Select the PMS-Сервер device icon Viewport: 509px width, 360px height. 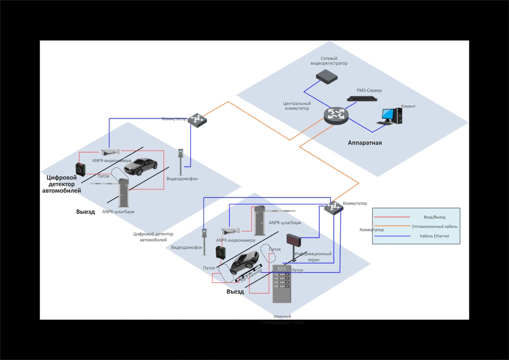pos(362,99)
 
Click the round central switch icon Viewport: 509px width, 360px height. pos(336,115)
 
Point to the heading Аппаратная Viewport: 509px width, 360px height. pos(365,143)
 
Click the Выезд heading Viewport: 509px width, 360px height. pos(86,212)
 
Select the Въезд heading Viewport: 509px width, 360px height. pos(235,292)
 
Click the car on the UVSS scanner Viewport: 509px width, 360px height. pos(244,263)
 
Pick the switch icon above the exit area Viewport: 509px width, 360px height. pos(198,120)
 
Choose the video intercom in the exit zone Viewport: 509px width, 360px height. pos(181,161)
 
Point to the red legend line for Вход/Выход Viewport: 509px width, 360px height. pos(392,217)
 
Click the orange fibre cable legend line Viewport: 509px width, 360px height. pos(392,226)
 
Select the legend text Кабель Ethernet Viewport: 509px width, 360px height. pos(434,236)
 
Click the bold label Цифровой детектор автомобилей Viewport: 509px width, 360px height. pos(62,184)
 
